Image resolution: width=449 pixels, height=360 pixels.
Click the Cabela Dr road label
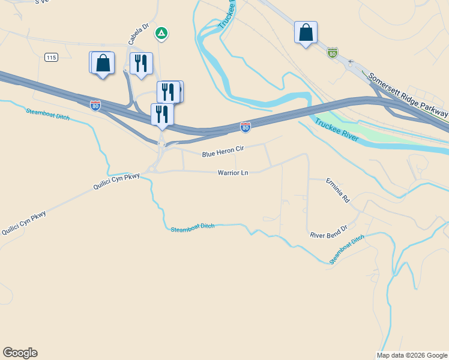pos(137,35)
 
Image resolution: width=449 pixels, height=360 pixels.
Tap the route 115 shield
pos(51,57)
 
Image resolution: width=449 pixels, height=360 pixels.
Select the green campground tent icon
pos(161,34)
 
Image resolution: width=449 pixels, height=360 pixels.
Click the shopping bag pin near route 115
pos(103,63)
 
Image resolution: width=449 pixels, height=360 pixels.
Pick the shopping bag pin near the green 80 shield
pos(306,33)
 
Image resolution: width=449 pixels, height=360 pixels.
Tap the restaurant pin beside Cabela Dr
pos(141,64)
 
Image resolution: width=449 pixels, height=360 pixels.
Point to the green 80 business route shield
pos(333,53)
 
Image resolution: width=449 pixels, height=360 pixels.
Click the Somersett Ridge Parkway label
pos(408,95)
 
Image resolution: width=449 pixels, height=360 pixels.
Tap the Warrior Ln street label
pos(233,173)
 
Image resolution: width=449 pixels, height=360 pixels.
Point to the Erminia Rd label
pos(337,190)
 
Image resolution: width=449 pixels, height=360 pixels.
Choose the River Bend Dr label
pos(329,232)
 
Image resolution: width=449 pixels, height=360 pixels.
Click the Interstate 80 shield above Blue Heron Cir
pos(245,127)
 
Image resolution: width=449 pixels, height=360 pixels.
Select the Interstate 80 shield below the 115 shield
pos(95,106)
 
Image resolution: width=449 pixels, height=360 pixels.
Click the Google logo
pos(20,353)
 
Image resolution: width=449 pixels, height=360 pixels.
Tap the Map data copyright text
pos(412,355)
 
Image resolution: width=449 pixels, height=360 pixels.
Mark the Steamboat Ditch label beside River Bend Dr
pos(347,250)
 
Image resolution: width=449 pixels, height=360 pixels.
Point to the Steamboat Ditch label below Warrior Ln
pos(192,228)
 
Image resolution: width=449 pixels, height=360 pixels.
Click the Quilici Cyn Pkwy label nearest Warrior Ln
pos(116,182)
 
